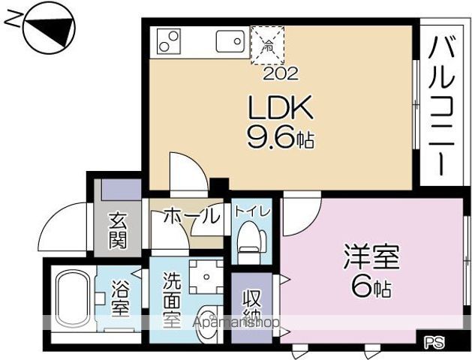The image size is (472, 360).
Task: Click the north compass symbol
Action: (x=47, y=30)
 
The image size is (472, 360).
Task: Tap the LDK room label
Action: (x=279, y=110)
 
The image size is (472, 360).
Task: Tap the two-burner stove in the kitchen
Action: (x=169, y=40)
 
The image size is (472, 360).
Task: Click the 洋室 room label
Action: (x=371, y=257)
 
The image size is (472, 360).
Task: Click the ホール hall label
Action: (x=191, y=217)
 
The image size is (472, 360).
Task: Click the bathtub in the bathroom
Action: (x=74, y=297)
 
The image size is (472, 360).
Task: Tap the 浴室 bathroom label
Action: (x=121, y=298)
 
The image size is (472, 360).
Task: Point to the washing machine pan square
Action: (x=203, y=275)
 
